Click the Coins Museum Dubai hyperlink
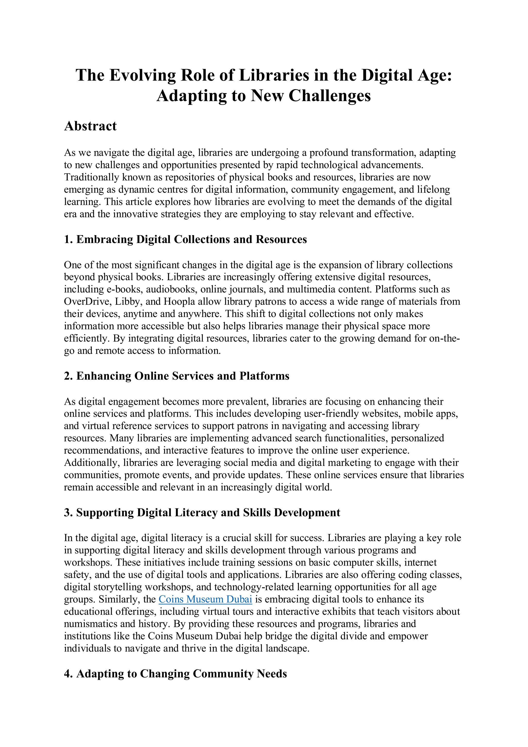(x=205, y=599)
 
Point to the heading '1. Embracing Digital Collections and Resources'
(x=185, y=239)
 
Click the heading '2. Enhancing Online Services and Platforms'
(x=177, y=376)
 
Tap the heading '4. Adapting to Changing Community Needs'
(x=175, y=674)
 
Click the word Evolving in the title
(x=143, y=75)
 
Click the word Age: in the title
(x=435, y=75)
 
